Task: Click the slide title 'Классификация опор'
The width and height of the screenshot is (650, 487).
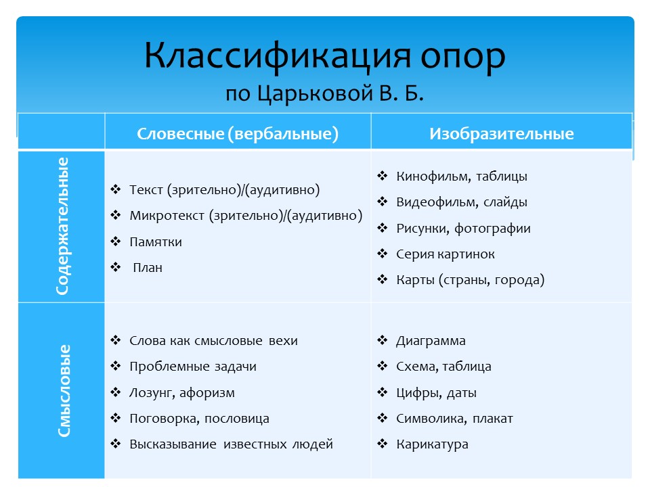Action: tap(325, 57)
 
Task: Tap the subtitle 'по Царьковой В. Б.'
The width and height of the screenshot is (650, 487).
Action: tap(324, 93)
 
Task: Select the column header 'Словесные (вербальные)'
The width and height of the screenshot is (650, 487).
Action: tap(238, 133)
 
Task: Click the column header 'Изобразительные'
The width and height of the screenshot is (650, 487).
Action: tap(501, 133)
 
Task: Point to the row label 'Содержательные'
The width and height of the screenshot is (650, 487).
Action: tap(62, 226)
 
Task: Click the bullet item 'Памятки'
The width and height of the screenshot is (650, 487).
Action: tap(156, 242)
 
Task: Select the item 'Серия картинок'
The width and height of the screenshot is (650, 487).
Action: tap(446, 254)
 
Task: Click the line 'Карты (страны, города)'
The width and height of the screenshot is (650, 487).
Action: tap(470, 280)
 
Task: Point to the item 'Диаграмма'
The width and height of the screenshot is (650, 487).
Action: tap(431, 341)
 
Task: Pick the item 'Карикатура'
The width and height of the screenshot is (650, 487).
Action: tap(432, 444)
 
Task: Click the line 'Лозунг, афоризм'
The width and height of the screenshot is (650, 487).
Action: tap(182, 393)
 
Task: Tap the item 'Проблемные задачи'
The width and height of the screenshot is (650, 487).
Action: tap(193, 367)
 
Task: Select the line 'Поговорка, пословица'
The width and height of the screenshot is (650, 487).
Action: tap(199, 419)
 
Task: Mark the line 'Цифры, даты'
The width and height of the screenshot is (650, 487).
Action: tap(437, 393)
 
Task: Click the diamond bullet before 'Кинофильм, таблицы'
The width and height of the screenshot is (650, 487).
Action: tap(383, 176)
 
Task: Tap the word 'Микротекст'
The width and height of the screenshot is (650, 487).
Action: tap(167, 216)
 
